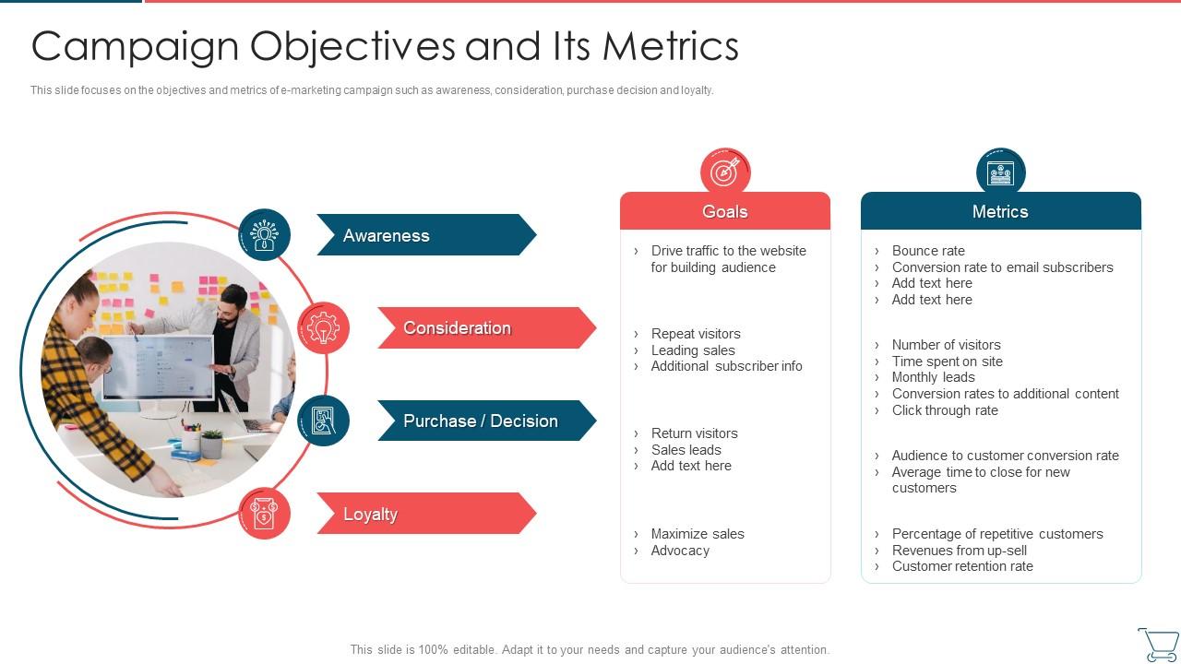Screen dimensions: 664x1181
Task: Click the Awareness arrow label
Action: (x=387, y=235)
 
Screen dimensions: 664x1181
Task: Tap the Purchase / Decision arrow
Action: (x=481, y=421)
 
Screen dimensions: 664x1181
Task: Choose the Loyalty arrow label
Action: (x=371, y=514)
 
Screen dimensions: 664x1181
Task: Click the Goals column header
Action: (x=724, y=211)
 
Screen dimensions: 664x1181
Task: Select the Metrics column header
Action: (x=1000, y=211)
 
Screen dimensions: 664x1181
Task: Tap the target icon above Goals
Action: (x=725, y=172)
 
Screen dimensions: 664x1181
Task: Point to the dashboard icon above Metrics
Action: (x=1000, y=172)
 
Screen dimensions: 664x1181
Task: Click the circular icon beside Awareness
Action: (x=265, y=234)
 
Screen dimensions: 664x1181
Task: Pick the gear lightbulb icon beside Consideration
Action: (x=323, y=327)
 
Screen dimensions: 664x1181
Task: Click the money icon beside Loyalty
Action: (x=265, y=514)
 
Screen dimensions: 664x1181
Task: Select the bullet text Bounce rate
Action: (x=927, y=251)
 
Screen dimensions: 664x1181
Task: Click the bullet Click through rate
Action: (x=944, y=410)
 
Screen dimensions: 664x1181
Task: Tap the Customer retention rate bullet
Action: (x=961, y=566)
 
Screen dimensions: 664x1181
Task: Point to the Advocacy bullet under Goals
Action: (x=680, y=551)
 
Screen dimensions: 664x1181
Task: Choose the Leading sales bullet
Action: (x=693, y=350)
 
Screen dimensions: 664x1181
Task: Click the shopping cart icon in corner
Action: (x=1157, y=644)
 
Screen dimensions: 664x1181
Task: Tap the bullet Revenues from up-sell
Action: (x=959, y=551)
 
